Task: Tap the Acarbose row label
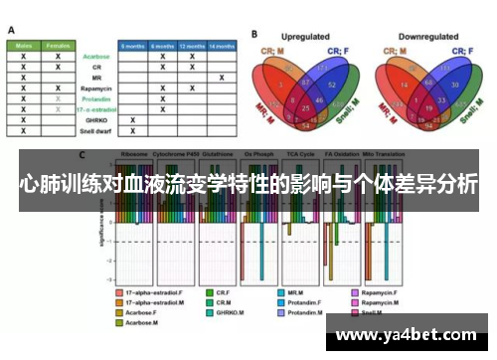coord(96,57)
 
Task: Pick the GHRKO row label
coord(97,118)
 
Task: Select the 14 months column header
coord(222,46)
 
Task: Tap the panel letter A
coord(11,31)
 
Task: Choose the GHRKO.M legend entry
coord(234,312)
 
